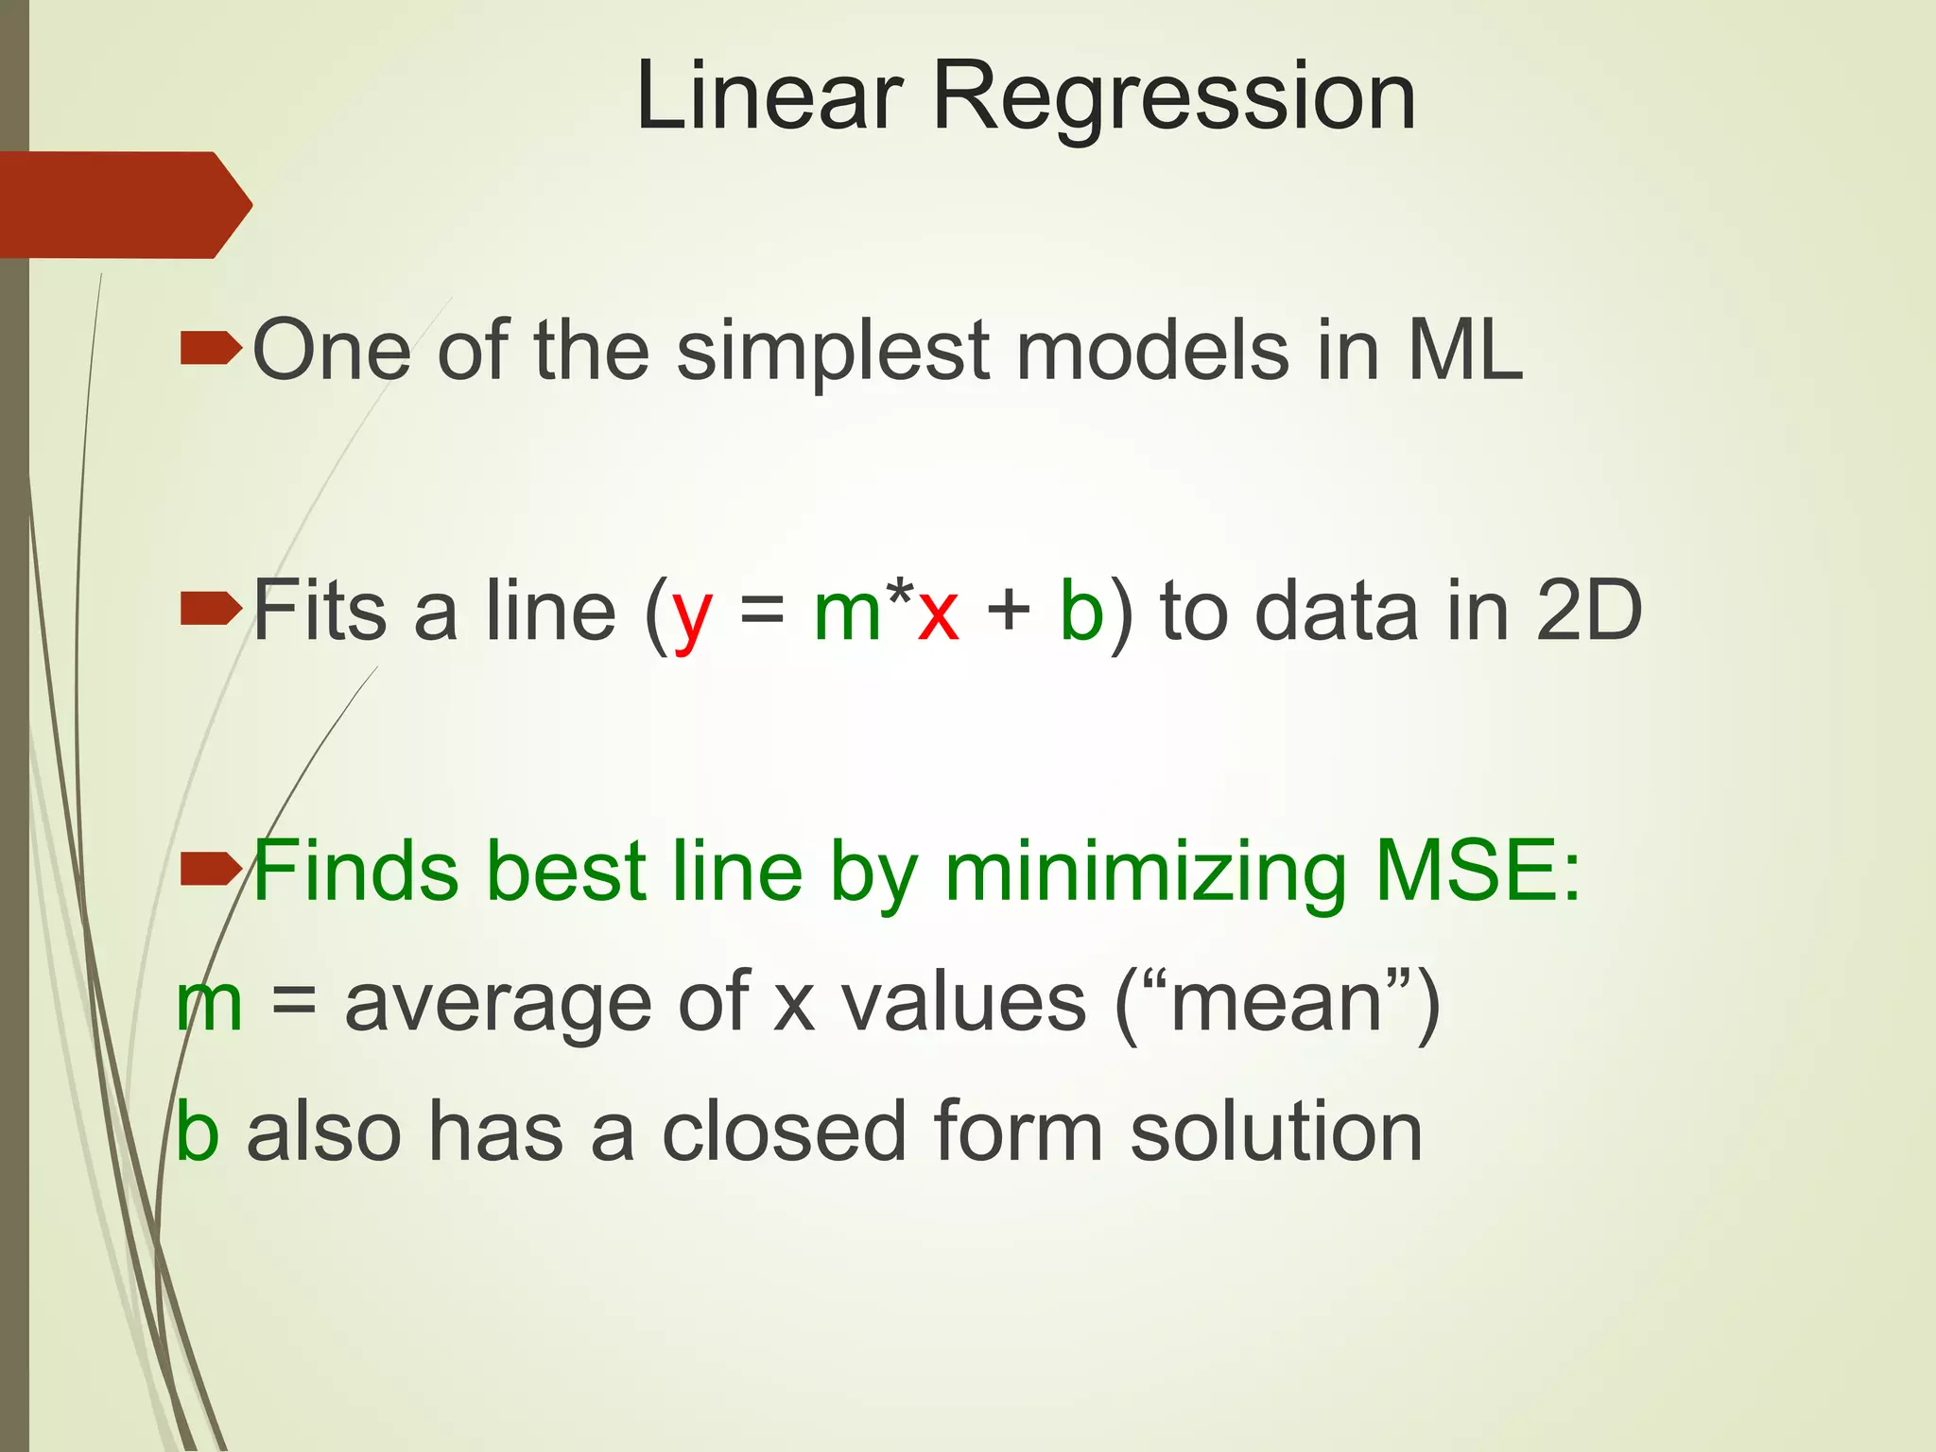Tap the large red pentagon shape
coord(123,204)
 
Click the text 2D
coord(1589,611)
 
